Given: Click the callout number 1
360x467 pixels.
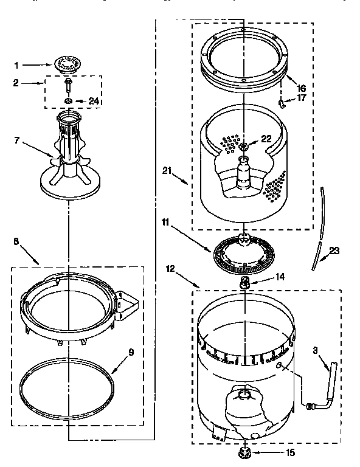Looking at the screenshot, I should pos(17,64).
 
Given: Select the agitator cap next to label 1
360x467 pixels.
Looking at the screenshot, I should pos(67,63).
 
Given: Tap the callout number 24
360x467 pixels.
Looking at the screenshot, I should pos(93,101).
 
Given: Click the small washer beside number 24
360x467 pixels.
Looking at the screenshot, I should pos(69,100).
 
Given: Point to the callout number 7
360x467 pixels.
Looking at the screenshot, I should pos(17,140).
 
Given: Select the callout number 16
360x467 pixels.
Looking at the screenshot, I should pos(301,88).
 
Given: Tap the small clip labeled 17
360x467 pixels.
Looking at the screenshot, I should pos(282,104).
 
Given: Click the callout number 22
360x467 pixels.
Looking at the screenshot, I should pos(265,139).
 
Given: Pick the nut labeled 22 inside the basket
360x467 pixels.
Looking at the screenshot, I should pos(244,146).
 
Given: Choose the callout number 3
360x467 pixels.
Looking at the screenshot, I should pos(316,350).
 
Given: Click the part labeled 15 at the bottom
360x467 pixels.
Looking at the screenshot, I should pos(247,453).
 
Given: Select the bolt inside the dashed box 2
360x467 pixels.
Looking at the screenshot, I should pos(68,85).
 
